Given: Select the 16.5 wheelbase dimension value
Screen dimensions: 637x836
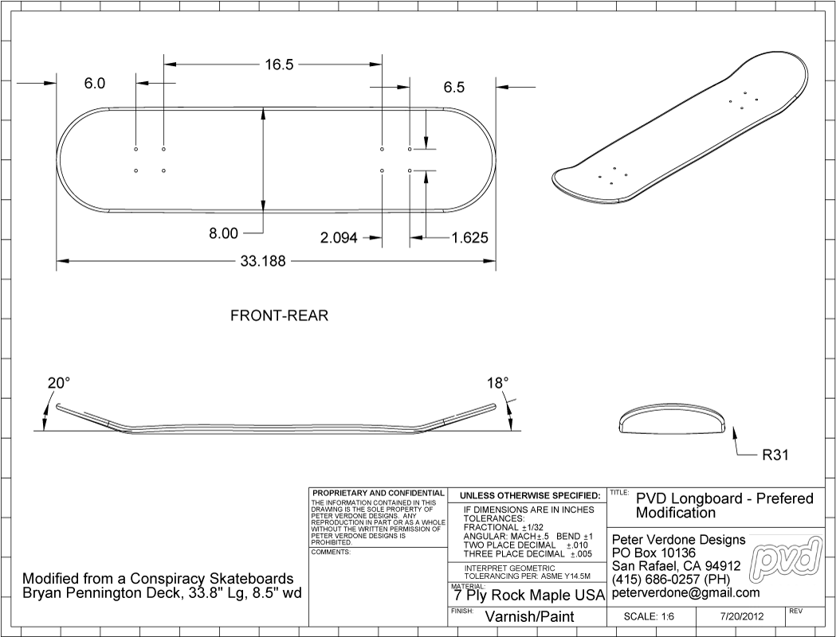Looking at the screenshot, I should click(279, 65).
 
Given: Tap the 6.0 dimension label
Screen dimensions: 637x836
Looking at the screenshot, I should click(95, 84).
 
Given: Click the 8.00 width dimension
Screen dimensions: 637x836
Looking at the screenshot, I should click(222, 233).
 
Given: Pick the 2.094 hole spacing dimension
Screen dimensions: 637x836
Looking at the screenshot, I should click(339, 237).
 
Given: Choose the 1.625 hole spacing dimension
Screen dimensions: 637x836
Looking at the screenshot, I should click(469, 237).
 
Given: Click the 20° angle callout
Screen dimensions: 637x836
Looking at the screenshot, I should click(58, 383).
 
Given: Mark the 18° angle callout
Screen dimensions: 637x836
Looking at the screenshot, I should click(497, 383).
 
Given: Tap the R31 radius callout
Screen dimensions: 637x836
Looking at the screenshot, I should click(775, 456).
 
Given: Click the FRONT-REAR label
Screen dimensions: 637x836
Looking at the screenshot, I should click(279, 316).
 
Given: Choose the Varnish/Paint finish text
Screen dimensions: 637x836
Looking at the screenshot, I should click(529, 616).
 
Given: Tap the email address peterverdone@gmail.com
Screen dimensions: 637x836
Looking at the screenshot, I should click(685, 593).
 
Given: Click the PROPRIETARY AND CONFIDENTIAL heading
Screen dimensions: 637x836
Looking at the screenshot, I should click(379, 494).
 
